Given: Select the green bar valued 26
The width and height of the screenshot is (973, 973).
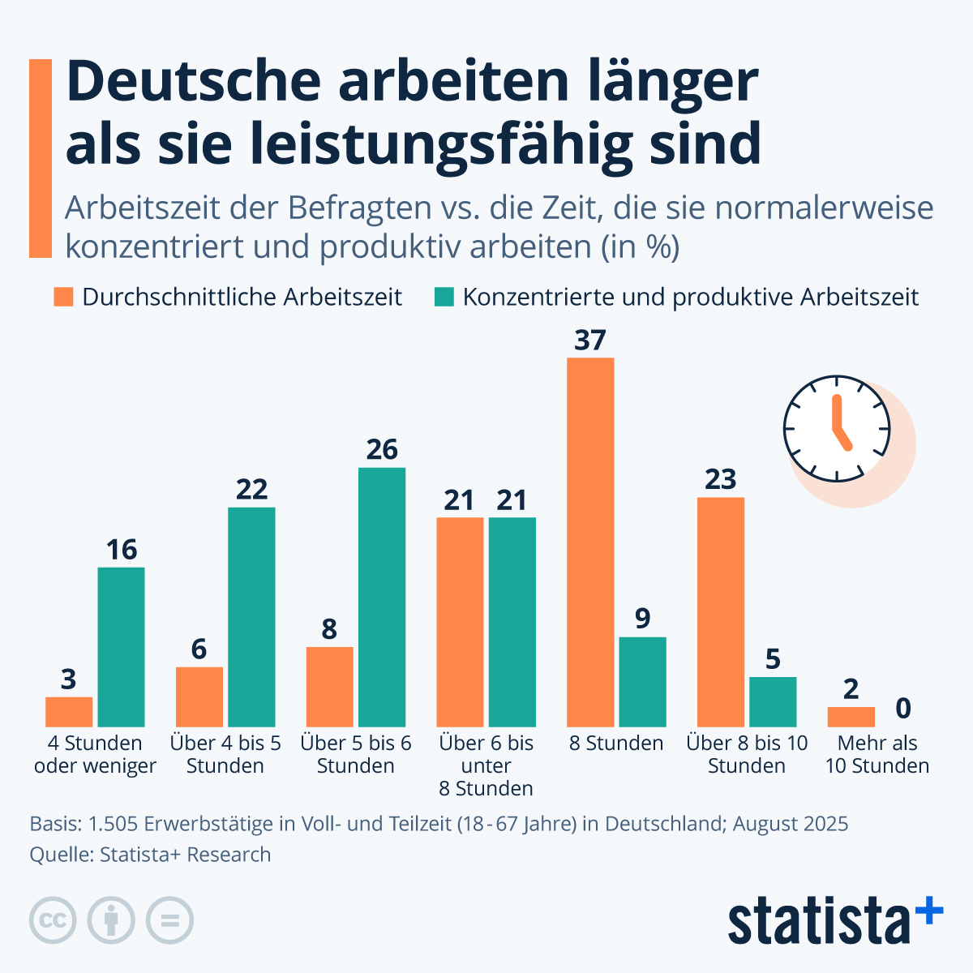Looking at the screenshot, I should [382, 597].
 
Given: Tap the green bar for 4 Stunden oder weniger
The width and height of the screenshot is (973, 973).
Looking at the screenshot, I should [122, 646].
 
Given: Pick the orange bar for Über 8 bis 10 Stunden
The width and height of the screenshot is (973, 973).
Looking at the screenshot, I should [721, 611].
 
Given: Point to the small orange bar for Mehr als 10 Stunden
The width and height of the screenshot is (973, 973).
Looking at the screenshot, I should [851, 717].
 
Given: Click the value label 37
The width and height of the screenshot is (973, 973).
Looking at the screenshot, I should [590, 341].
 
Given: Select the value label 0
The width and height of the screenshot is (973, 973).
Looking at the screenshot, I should [903, 709].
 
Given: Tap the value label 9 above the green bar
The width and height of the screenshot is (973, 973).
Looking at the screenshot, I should [643, 619].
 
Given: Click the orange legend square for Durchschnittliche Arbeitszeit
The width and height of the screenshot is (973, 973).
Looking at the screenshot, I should [63, 297].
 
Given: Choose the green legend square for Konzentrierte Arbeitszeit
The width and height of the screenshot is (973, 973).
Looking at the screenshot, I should [444, 297].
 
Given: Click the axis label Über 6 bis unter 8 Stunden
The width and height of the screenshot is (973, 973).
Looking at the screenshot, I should [486, 765].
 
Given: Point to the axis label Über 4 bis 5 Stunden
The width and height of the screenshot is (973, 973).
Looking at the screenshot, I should [225, 754].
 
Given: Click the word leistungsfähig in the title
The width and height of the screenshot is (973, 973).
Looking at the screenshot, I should [472, 144].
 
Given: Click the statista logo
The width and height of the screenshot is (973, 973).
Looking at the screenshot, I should [835, 921].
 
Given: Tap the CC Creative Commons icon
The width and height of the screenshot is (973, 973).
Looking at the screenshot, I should [53, 920].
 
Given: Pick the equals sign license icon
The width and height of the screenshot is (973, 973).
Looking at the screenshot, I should [169, 920].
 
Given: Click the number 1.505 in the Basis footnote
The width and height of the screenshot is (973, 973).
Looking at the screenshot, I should [113, 824].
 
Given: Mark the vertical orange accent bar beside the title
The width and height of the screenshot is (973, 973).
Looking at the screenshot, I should [41, 158].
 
